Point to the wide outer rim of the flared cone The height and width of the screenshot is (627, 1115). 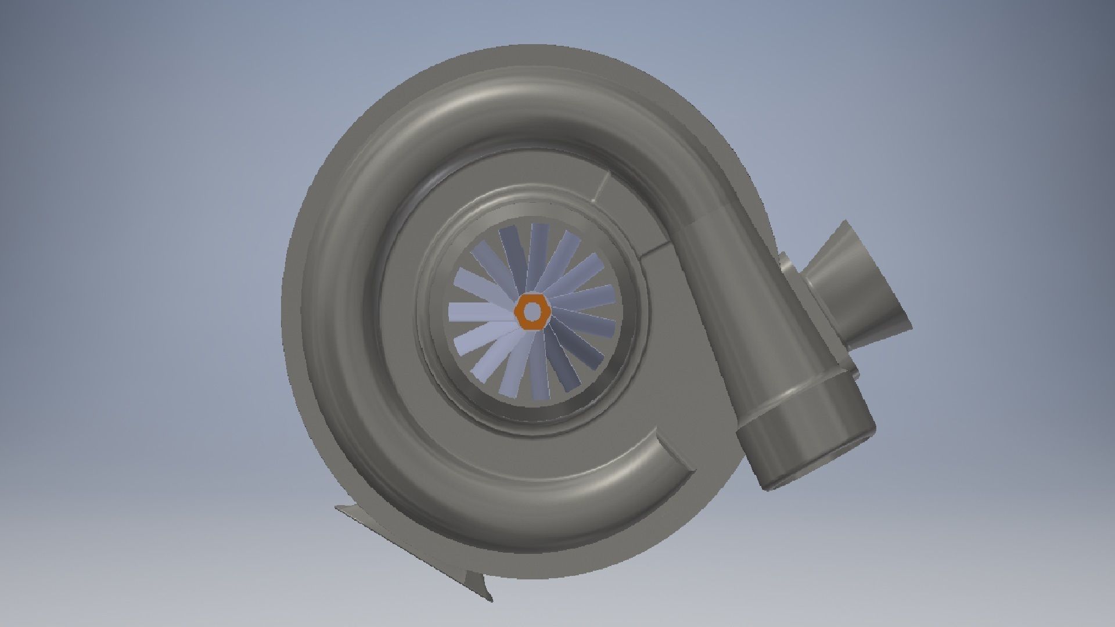[x=877, y=273]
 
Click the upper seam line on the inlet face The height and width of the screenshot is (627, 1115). [x=602, y=186]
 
